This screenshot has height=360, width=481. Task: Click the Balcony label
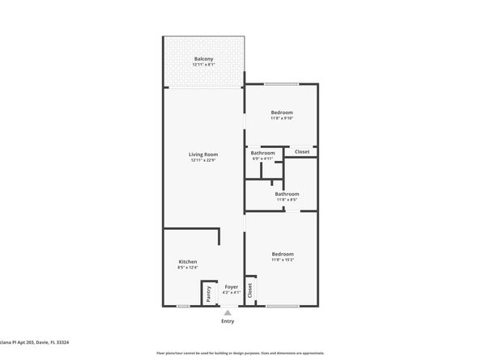[x=204, y=59]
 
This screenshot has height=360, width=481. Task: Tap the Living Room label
[x=204, y=154]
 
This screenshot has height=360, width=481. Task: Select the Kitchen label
[x=188, y=261]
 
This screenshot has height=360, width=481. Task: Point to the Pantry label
[x=208, y=293]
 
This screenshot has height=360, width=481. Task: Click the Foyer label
[x=231, y=286]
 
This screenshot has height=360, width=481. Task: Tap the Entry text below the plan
[x=228, y=321]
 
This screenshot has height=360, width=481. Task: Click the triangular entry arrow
[x=228, y=312]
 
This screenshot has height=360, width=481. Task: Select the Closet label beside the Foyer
[x=250, y=290]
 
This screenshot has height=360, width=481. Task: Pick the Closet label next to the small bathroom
[x=301, y=151]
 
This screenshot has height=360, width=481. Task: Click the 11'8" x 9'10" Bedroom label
[x=282, y=112]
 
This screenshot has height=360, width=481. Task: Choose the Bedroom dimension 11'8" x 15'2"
[x=282, y=260]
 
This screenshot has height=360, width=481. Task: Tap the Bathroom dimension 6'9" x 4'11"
[x=262, y=159]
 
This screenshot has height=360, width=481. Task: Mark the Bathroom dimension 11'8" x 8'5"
[x=287, y=199]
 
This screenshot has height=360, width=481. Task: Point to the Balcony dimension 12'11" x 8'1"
[x=204, y=65]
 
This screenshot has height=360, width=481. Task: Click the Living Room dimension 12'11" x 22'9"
[x=204, y=159]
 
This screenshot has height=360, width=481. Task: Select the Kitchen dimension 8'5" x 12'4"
[x=188, y=267]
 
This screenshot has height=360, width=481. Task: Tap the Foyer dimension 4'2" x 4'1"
[x=231, y=292]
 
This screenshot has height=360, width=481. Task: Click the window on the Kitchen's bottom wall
[x=184, y=306]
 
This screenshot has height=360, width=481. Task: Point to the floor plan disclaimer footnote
[x=240, y=353]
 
